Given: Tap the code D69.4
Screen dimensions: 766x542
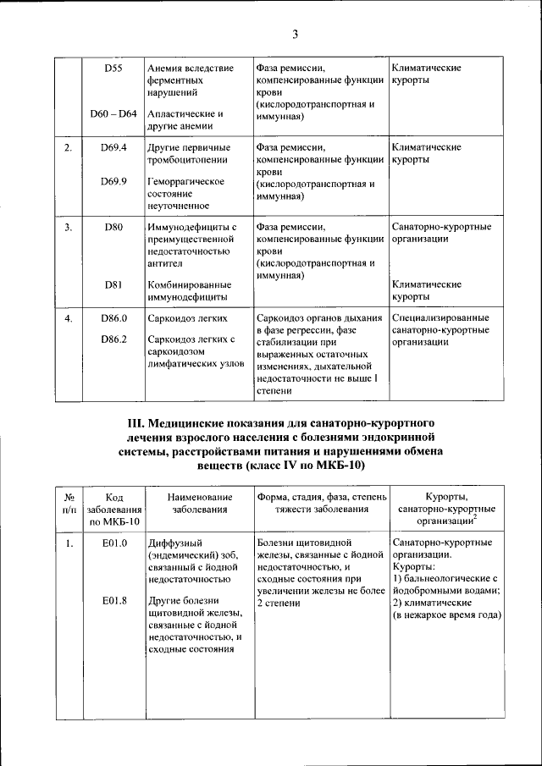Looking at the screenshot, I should (113, 148).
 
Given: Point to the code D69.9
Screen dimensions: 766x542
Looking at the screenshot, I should (113, 181).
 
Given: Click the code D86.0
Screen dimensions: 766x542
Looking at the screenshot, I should (113, 318).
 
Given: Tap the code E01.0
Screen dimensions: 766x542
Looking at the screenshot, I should (113, 542).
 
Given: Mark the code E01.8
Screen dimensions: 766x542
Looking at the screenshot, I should (113, 601).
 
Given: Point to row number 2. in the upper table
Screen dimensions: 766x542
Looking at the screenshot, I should (68, 148).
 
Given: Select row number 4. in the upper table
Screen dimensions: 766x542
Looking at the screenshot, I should (68, 318).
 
